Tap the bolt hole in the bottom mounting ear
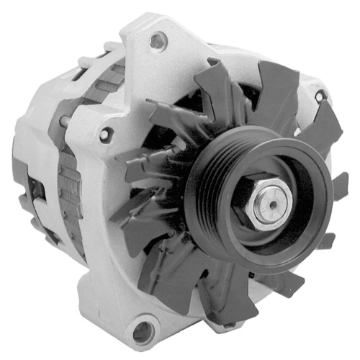pos(143,331)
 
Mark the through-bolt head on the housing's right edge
pos(319,96)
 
